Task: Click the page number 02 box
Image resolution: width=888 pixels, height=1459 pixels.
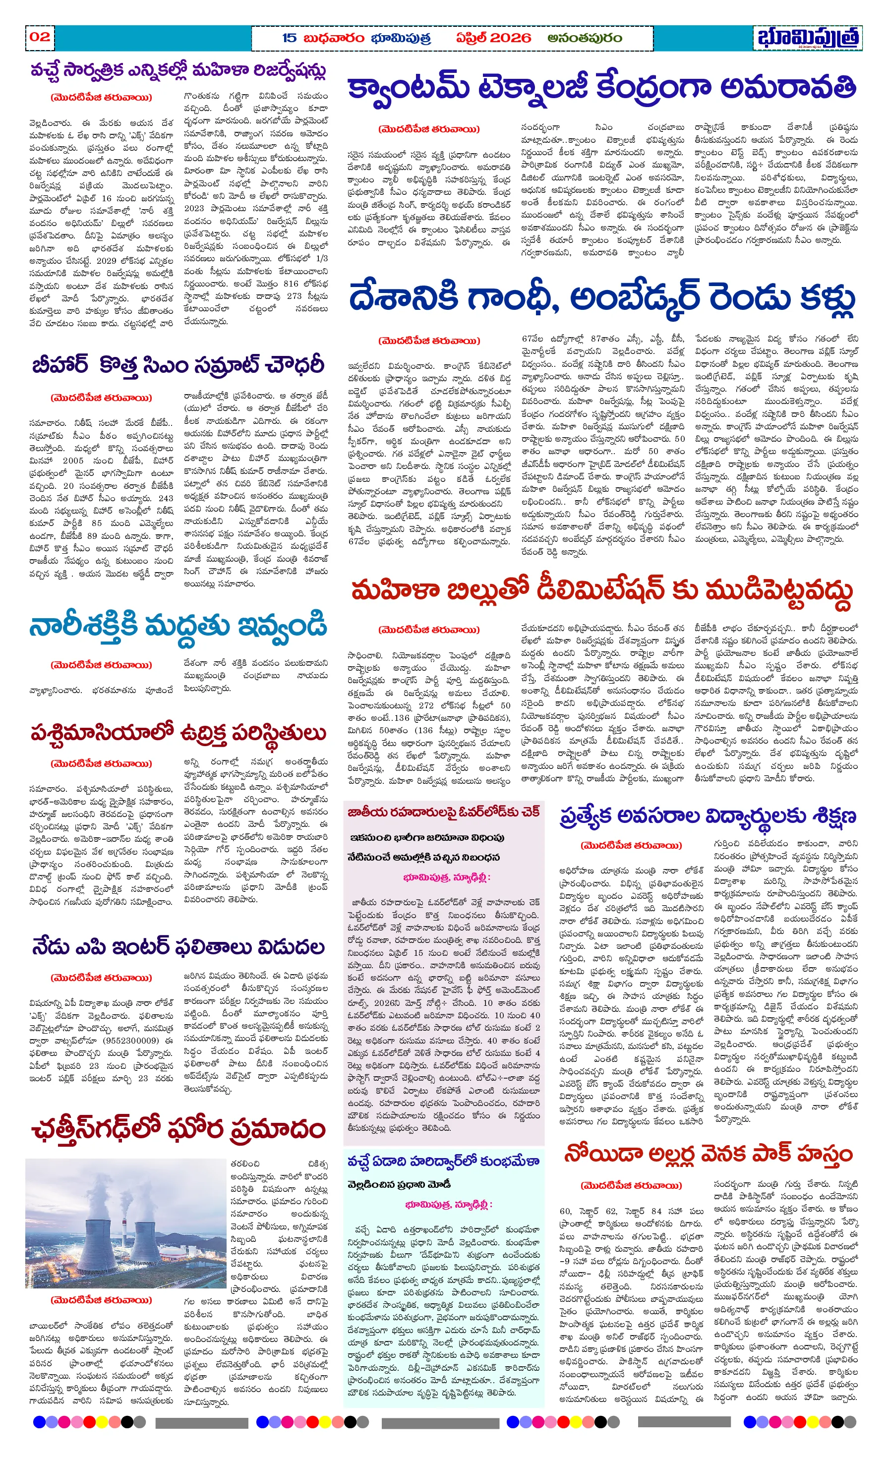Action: [x=40, y=37]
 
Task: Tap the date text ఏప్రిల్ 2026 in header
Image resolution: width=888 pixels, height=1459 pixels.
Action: [x=493, y=38]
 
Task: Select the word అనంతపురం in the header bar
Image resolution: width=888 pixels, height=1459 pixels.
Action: [x=584, y=38]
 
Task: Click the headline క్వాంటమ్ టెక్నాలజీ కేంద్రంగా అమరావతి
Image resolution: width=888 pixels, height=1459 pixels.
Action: [x=601, y=89]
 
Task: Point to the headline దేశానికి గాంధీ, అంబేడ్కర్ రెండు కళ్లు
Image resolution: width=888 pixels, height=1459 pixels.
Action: [x=601, y=299]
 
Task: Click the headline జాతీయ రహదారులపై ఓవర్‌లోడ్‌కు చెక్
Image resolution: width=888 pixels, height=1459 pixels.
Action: [x=444, y=813]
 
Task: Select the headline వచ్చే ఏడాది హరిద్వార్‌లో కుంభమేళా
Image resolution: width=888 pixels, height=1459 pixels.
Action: [x=444, y=1161]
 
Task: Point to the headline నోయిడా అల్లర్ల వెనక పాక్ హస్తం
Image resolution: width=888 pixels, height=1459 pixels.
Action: [x=708, y=1154]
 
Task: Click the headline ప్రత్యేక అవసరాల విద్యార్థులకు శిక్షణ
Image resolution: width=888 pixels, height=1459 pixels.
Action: [x=708, y=817]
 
